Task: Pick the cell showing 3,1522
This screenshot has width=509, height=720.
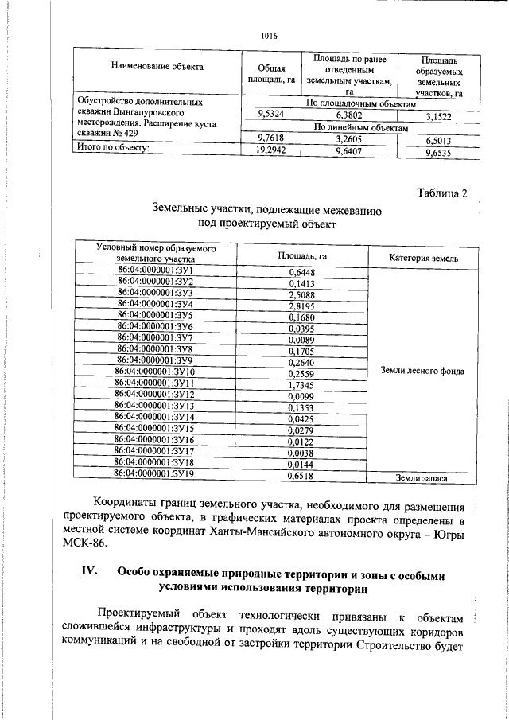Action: click(x=438, y=116)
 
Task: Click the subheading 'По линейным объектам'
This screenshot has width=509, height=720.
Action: click(x=361, y=126)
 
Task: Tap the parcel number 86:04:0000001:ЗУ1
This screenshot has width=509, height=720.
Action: click(x=155, y=270)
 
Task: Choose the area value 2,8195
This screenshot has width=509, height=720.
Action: click(x=301, y=305)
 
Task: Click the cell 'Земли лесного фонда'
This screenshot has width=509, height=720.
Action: click(x=422, y=371)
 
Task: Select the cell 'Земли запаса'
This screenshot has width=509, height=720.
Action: click(x=422, y=477)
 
